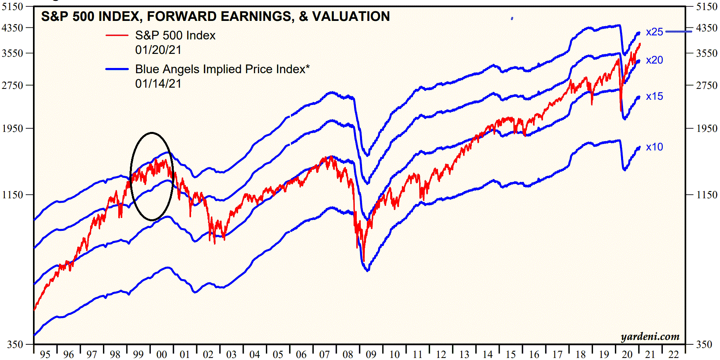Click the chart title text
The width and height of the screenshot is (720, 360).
(x=215, y=16)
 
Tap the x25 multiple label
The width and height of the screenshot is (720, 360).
(x=654, y=32)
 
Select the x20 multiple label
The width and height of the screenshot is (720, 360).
(x=654, y=60)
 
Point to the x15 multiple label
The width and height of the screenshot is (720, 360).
(x=654, y=97)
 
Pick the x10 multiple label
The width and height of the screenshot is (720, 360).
(x=654, y=147)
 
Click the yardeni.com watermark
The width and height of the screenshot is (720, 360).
(x=650, y=337)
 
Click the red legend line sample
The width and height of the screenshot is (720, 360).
(x=117, y=35)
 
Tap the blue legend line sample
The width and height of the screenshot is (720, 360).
(x=117, y=69)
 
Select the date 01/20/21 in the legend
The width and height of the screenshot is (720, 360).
(x=158, y=50)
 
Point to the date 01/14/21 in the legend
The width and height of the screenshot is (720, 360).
(x=158, y=84)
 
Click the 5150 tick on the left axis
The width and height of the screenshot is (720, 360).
(x=12, y=7)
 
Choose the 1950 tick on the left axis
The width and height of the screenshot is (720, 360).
(x=12, y=129)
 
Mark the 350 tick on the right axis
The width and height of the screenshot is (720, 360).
(x=704, y=344)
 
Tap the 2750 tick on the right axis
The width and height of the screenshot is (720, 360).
(x=707, y=86)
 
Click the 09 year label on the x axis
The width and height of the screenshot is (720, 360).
(x=371, y=354)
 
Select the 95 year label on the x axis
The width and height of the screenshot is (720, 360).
(x=45, y=354)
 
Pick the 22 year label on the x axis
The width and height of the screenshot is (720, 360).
(x=673, y=354)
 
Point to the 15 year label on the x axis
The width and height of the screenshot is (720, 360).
(x=511, y=354)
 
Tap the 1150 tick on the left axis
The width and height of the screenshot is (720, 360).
(x=12, y=195)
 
